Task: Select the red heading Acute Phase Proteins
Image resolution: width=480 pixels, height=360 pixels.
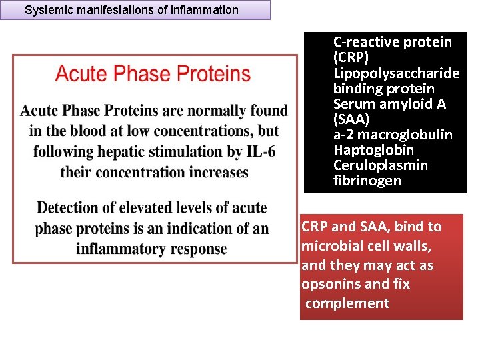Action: click(x=153, y=73)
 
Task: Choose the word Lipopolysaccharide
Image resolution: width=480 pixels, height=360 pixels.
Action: click(x=396, y=73)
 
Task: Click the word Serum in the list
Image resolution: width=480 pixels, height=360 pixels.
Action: click(x=353, y=104)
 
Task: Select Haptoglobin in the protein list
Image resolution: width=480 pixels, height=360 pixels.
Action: click(x=373, y=150)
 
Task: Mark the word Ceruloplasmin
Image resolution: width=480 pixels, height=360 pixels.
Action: click(x=380, y=165)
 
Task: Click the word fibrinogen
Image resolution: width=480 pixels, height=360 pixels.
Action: click(x=367, y=181)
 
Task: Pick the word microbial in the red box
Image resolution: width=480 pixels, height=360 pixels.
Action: click(x=330, y=247)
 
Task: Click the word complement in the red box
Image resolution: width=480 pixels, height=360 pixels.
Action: click(x=347, y=303)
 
